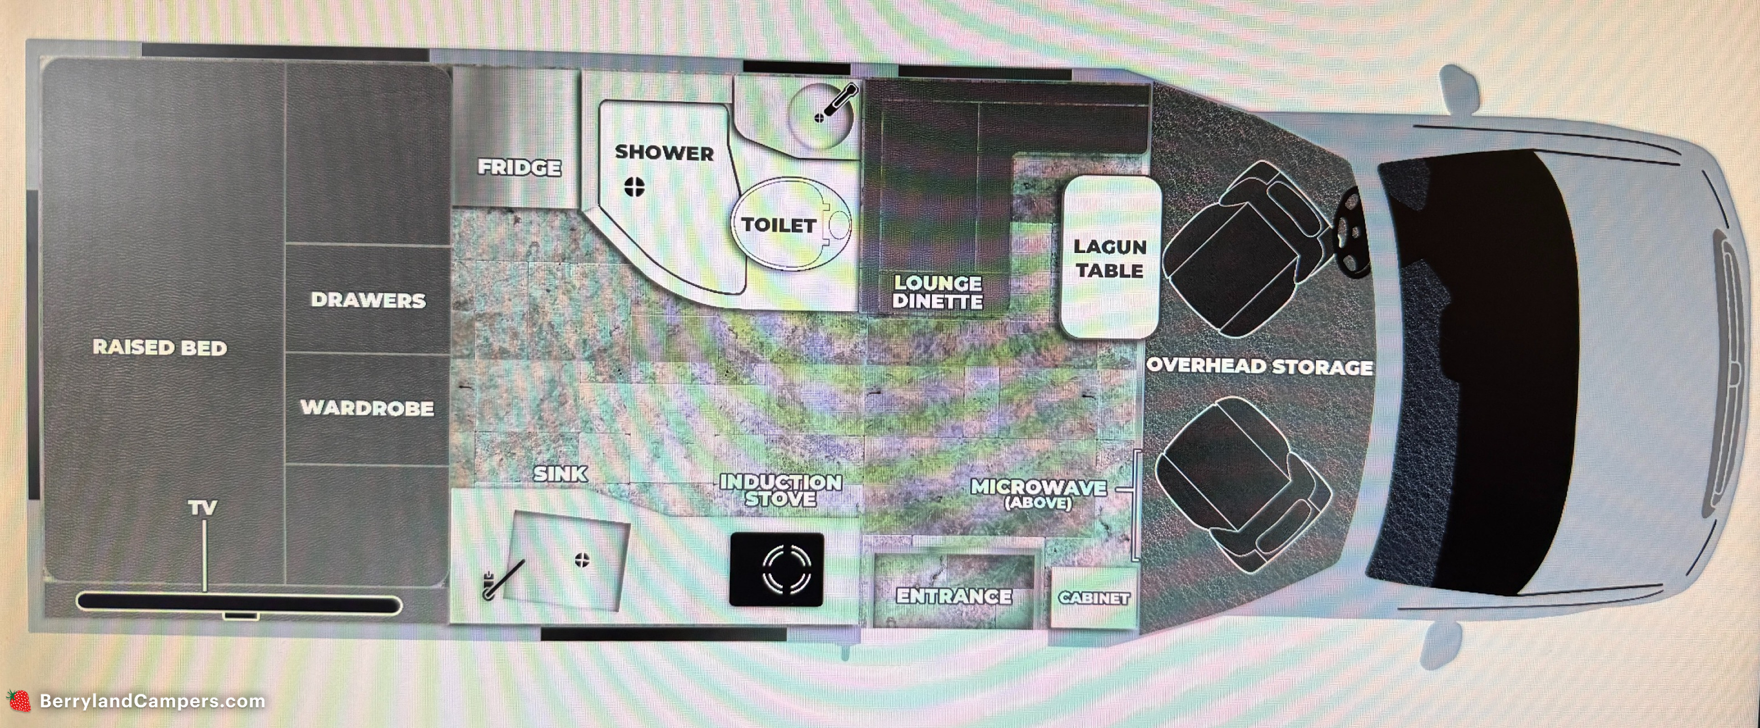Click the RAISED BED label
[160, 348]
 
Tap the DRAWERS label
[368, 300]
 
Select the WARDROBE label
[367, 408]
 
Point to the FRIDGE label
[519, 167]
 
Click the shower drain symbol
[635, 187]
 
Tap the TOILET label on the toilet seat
[779, 225]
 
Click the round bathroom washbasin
[820, 116]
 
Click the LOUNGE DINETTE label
[937, 292]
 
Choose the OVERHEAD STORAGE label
[1259, 366]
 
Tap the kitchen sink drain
[582, 561]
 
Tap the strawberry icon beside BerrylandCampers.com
[19, 701]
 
